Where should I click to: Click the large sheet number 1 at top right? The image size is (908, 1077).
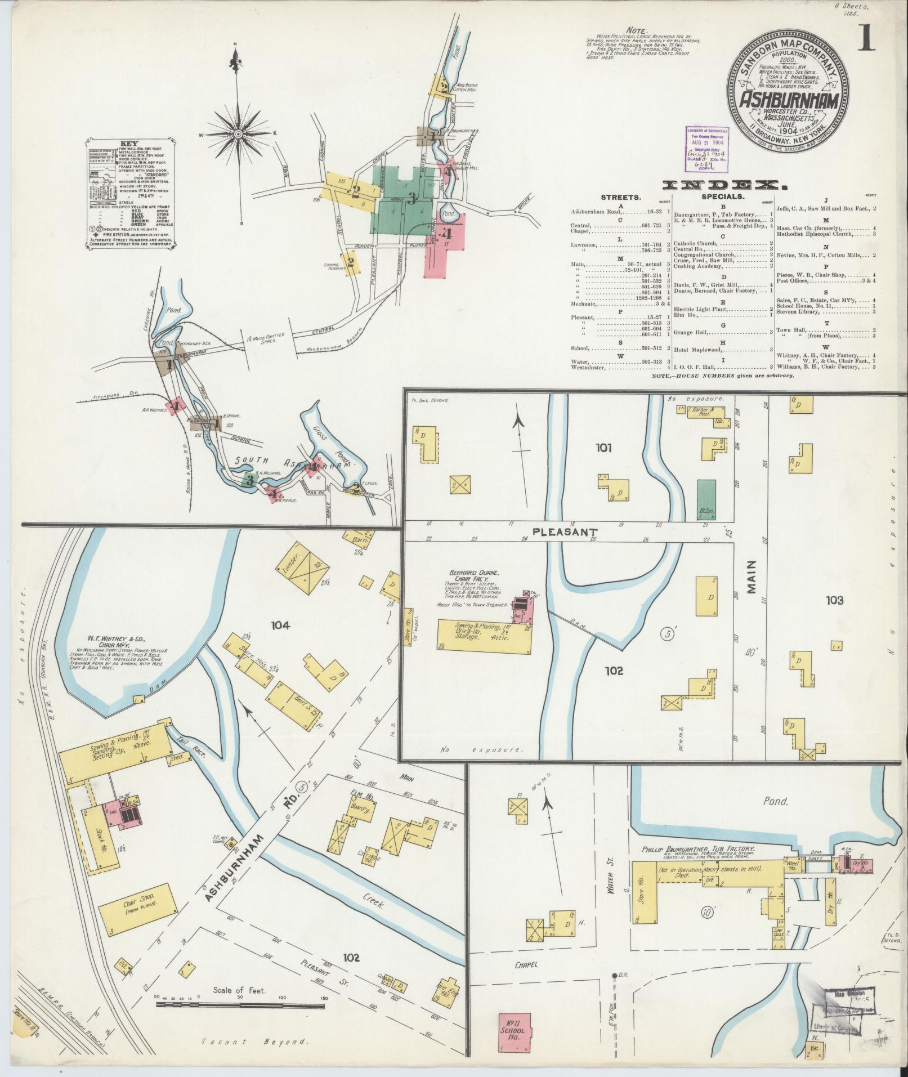(865, 38)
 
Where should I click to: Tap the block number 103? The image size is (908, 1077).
(834, 601)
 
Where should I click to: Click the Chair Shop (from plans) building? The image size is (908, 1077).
(137, 907)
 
